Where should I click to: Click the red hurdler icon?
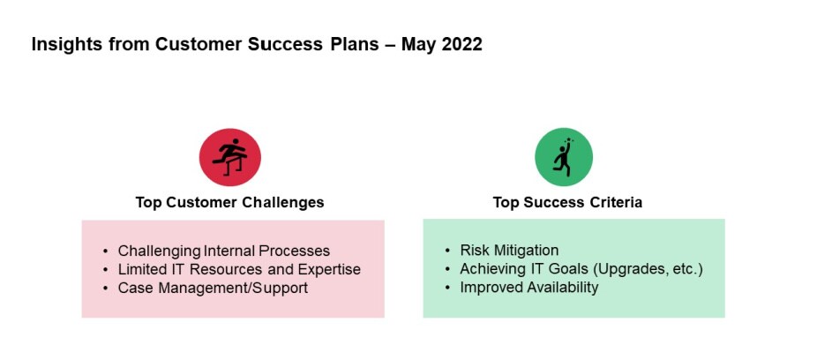[x=229, y=157]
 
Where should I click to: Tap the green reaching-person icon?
[x=564, y=157]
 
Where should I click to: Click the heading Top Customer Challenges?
[x=229, y=202]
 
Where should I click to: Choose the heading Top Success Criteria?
[x=567, y=202]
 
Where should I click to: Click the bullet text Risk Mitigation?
[x=509, y=250]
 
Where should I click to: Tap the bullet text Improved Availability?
[x=528, y=287]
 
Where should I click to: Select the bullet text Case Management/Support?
[x=214, y=288]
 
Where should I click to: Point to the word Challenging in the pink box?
[x=160, y=251]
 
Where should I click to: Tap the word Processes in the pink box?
[x=295, y=251]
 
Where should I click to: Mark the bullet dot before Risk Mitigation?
[x=447, y=251]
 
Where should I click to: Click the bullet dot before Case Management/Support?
[x=106, y=289]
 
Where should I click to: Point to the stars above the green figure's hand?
[x=568, y=140]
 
